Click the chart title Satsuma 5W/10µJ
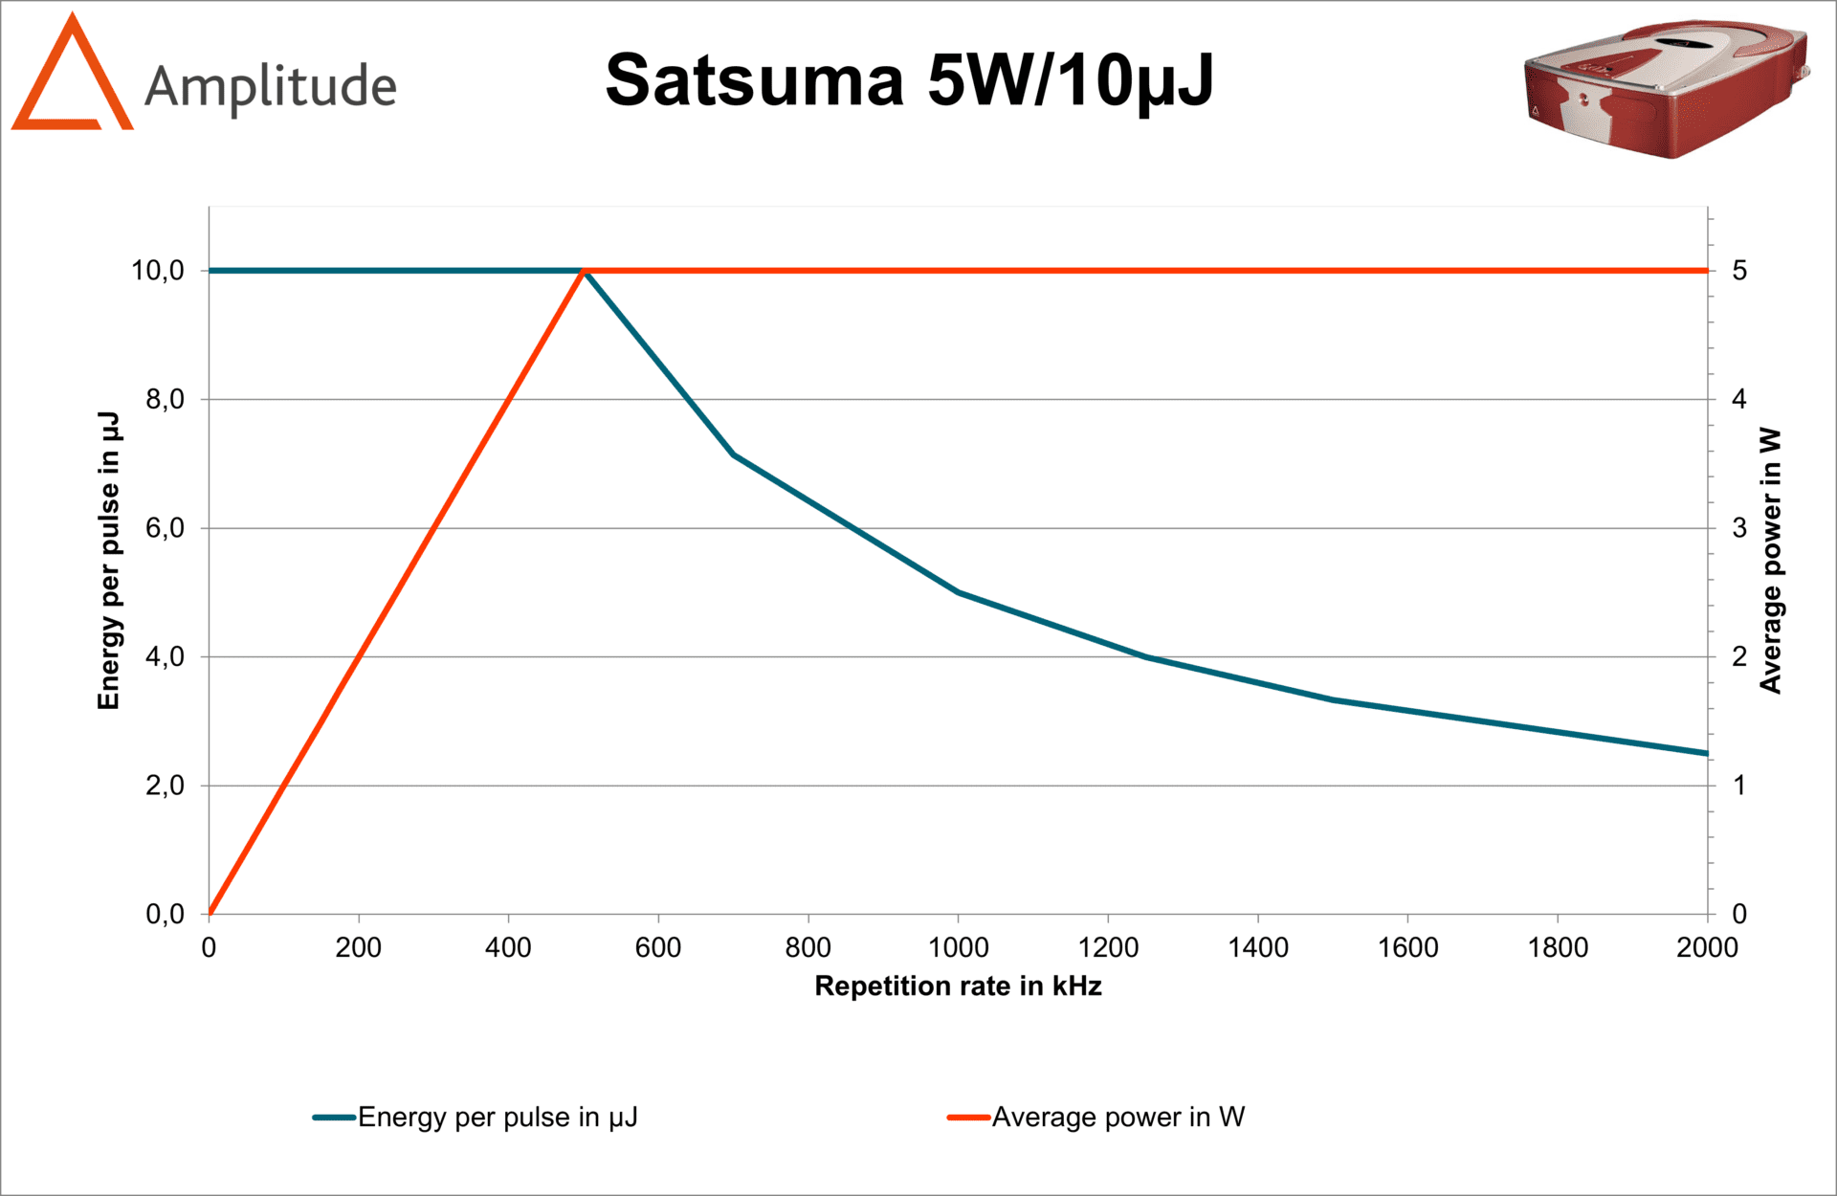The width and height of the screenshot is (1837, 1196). pyautogui.click(x=909, y=80)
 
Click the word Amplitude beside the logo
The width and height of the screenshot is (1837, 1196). pyautogui.click(x=271, y=87)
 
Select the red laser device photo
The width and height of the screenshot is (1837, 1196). pyautogui.click(x=1665, y=88)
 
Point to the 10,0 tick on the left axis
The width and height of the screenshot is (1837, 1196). pyautogui.click(x=158, y=271)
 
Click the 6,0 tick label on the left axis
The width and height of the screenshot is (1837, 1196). pyautogui.click(x=165, y=528)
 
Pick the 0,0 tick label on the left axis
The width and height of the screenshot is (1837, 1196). pyautogui.click(x=165, y=915)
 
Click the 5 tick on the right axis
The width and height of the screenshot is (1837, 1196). pyautogui.click(x=1739, y=271)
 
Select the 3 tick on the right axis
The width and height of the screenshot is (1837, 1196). pyautogui.click(x=1739, y=528)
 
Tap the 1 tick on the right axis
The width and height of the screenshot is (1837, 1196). pyautogui.click(x=1739, y=786)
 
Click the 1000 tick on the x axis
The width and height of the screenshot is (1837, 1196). pyautogui.click(x=958, y=947)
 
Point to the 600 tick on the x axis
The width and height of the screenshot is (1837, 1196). pyautogui.click(x=658, y=947)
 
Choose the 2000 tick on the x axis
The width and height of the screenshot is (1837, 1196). pyautogui.click(x=1707, y=947)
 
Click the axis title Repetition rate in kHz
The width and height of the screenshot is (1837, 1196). pyautogui.click(x=958, y=986)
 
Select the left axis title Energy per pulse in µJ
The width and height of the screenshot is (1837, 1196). pyautogui.click(x=109, y=561)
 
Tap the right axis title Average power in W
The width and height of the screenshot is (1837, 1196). pyautogui.click(x=1771, y=561)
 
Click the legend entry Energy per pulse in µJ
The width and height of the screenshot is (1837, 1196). pyautogui.click(x=497, y=1117)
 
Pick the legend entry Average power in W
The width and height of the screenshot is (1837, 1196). pyautogui.click(x=1118, y=1117)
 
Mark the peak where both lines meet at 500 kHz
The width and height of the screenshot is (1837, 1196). pyautogui.click(x=585, y=272)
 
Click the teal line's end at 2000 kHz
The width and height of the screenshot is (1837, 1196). pyautogui.click(x=1706, y=753)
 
